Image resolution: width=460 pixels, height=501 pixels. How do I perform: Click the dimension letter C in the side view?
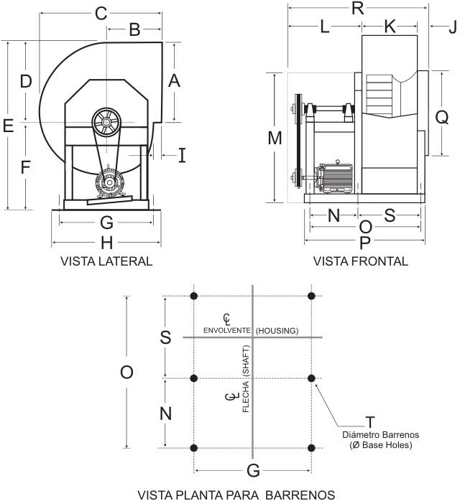click(x=101, y=13)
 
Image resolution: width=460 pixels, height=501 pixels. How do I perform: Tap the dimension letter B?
click(x=134, y=29)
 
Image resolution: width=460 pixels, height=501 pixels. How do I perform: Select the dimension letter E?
click(x=9, y=126)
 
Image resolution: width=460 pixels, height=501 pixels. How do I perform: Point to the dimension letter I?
click(x=182, y=154)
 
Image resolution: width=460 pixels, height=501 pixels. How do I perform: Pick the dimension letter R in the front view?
click(x=357, y=9)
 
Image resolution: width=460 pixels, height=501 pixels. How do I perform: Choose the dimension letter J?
click(x=451, y=27)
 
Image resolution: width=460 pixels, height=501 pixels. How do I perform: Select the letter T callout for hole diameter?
click(x=374, y=422)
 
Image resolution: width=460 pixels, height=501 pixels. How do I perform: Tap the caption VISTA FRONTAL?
click(x=361, y=261)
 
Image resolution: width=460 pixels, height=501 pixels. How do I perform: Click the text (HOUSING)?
click(x=277, y=330)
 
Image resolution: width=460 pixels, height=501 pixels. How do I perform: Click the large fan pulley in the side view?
click(x=106, y=123)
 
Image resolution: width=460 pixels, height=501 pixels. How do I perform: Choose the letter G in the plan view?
click(x=253, y=470)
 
